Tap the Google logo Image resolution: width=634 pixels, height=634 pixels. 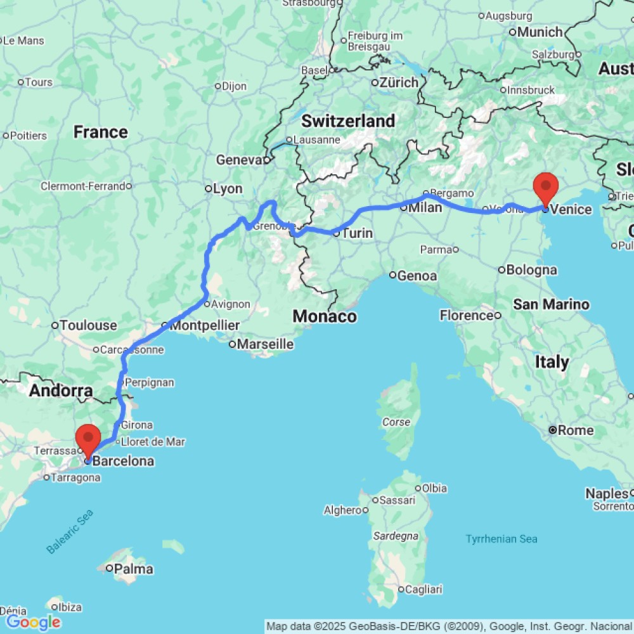coord(33,622)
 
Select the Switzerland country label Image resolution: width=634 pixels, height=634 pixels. coord(348,120)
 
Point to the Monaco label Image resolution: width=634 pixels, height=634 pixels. coord(325,316)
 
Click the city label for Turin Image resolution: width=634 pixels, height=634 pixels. coord(357,233)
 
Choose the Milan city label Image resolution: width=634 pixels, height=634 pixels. coord(425,207)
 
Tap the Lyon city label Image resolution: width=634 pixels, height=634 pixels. coord(228,189)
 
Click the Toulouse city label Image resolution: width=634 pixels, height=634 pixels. coord(88,325)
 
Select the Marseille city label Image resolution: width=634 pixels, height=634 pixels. coord(265,344)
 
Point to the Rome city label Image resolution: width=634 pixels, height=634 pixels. coord(576,430)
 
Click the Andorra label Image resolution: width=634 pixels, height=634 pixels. coord(61,391)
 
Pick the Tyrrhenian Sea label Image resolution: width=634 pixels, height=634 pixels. coord(501,539)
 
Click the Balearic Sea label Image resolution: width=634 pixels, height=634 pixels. coord(70,531)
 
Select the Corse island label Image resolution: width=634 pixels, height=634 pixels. coord(396,422)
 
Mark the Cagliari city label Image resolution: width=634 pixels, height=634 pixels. coord(424,589)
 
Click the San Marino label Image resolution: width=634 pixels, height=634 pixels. coord(551,304)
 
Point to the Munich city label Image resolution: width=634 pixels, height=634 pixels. coord(540,32)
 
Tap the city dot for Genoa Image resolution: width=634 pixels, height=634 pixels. coord(393,275)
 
